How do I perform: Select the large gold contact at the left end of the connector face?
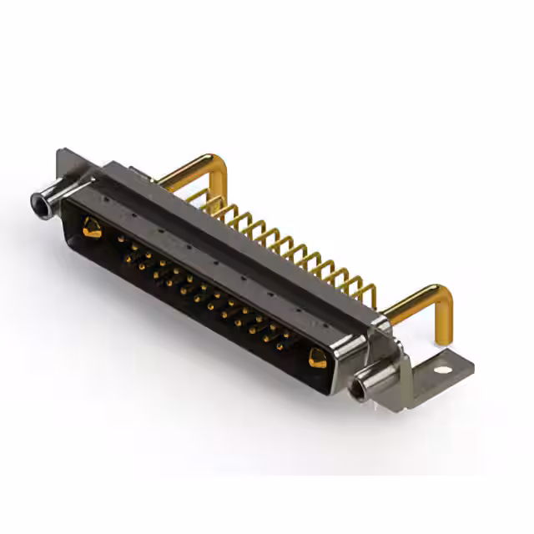point(91,226)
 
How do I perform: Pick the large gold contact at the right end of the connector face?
point(317,359)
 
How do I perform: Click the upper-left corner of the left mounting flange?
point(59,153)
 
